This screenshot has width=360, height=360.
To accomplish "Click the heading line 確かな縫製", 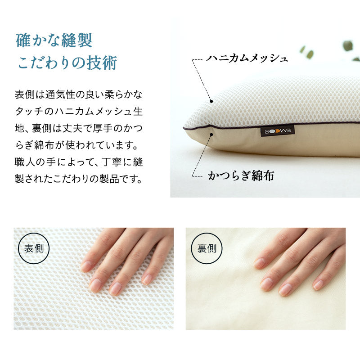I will (54, 40).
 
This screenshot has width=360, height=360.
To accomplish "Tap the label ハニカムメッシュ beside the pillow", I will (247, 58).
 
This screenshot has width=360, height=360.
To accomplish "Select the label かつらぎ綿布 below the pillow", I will (241, 175).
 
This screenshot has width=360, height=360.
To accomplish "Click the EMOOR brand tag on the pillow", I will (278, 131).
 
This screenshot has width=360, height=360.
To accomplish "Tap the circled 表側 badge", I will (34, 248).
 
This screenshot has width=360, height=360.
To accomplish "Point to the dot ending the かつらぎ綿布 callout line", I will (211, 133).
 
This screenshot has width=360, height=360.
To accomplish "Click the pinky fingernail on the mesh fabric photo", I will (147, 279).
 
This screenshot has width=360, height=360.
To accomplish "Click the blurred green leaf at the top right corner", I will (348, 45).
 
